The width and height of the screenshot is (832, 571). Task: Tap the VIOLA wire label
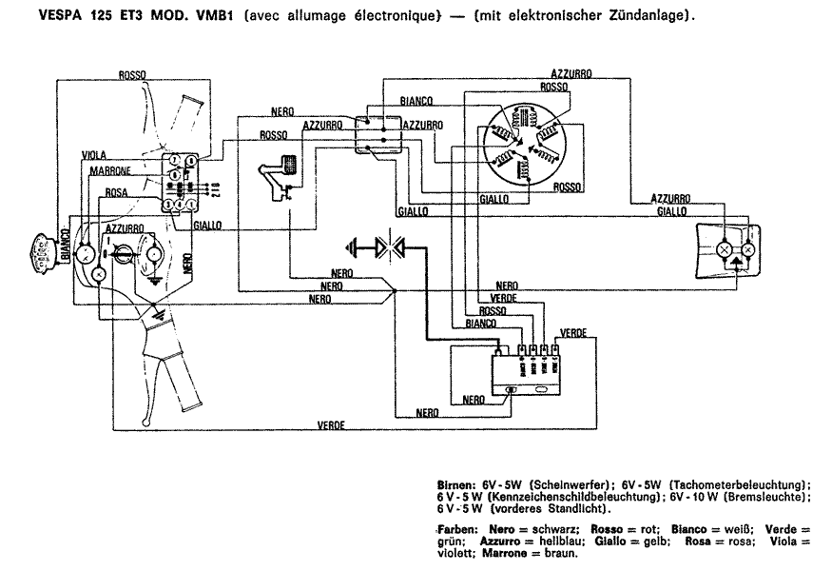pyautogui.click(x=94, y=153)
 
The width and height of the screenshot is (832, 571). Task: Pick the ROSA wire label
pyautogui.click(x=116, y=193)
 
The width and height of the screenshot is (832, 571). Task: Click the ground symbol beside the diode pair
pyautogui.click(x=355, y=248)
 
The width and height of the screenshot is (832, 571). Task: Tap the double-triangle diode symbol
pyautogui.click(x=390, y=248)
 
